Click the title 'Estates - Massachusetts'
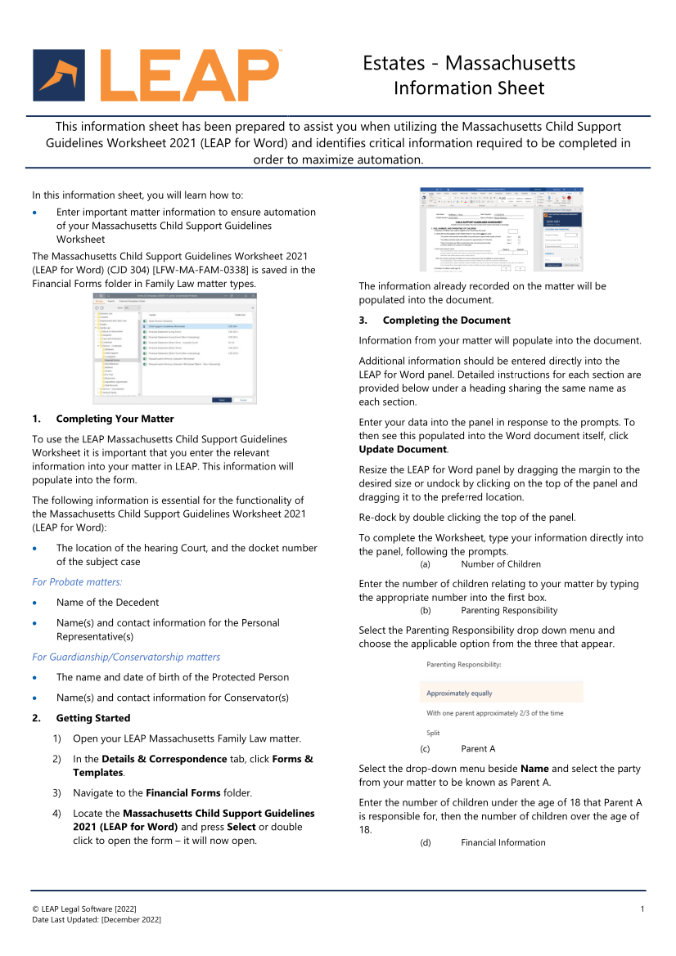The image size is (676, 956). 469,63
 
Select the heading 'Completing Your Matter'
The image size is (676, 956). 115,419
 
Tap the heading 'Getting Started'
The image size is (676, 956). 93,718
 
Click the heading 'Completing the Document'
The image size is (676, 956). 446,320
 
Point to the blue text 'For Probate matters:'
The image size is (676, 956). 77,581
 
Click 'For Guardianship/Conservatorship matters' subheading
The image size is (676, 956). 126,657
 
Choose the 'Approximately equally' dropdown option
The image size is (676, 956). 460,693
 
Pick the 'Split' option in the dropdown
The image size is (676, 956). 433,733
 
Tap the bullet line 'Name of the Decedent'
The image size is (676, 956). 107,603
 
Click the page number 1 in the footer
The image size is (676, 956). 642,909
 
